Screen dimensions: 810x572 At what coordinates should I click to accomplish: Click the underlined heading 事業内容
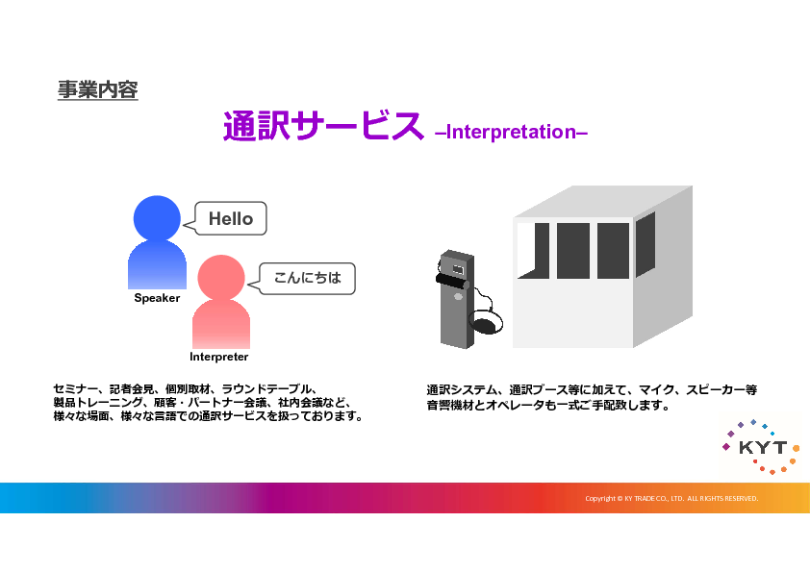click(x=97, y=89)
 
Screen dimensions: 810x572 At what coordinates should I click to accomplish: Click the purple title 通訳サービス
click(x=323, y=126)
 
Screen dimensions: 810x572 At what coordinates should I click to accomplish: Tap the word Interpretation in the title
click(x=511, y=132)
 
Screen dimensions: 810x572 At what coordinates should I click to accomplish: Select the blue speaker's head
click(x=157, y=218)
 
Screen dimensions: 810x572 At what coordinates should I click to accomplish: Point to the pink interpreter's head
click(x=221, y=278)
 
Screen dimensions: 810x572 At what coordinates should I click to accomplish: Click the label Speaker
click(x=157, y=298)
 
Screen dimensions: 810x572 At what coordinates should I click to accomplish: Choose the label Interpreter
click(x=219, y=357)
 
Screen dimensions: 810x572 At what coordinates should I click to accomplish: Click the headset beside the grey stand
click(x=485, y=321)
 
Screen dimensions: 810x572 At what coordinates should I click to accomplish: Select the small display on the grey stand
click(x=458, y=269)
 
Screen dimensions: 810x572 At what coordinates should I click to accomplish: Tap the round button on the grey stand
click(x=458, y=296)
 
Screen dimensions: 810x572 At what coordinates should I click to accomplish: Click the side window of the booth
click(x=645, y=244)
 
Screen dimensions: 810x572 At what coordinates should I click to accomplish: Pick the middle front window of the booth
click(x=573, y=251)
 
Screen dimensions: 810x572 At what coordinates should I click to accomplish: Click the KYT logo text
click(x=763, y=448)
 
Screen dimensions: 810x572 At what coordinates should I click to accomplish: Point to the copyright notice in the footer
click(x=671, y=498)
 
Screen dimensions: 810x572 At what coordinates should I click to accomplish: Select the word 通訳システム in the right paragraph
click(x=462, y=389)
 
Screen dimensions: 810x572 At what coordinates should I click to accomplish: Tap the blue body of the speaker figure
click(x=157, y=264)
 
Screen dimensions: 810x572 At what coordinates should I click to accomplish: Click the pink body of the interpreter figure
click(x=221, y=324)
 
